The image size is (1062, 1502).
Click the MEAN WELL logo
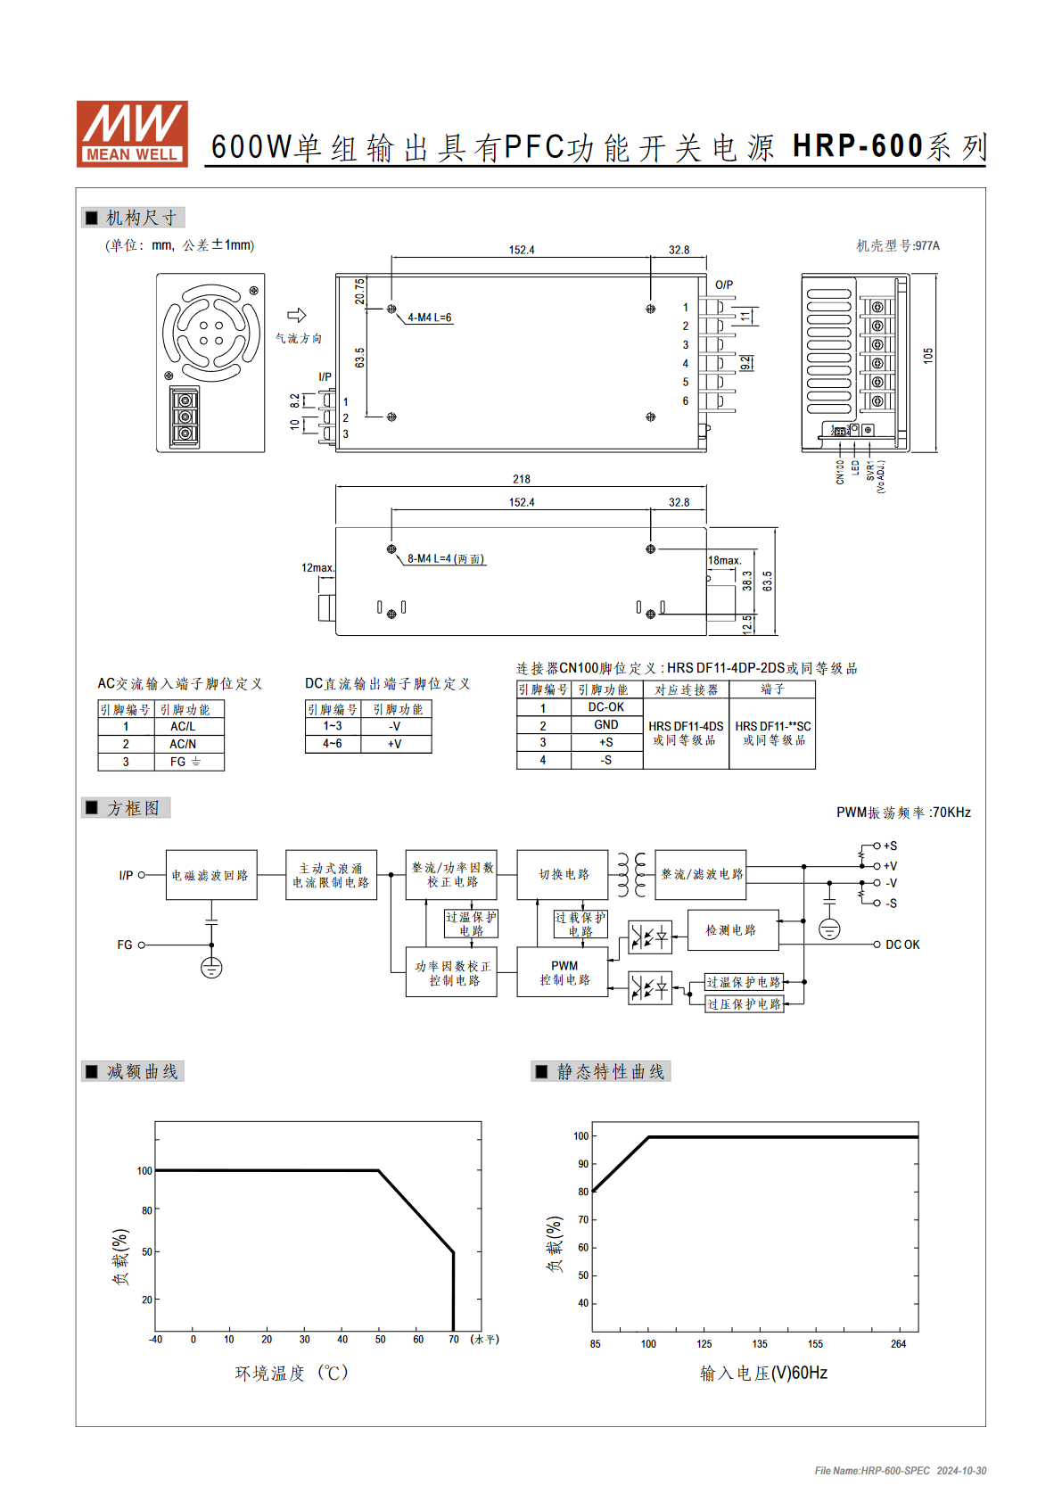(x=132, y=134)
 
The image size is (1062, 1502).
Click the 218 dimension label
(x=521, y=479)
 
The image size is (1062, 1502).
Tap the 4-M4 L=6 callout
(x=430, y=318)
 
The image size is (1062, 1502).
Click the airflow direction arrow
(x=296, y=315)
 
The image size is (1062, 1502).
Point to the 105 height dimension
(x=928, y=355)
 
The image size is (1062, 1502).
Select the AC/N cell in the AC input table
(x=183, y=744)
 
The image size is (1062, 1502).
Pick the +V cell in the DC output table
(x=395, y=744)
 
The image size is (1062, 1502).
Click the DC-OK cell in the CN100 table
(x=606, y=706)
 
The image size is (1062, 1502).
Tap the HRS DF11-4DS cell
(x=686, y=733)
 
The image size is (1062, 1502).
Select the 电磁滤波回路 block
(x=211, y=875)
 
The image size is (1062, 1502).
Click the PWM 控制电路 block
(x=564, y=971)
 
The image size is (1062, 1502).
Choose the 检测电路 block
(x=733, y=930)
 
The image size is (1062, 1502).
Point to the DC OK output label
(x=902, y=945)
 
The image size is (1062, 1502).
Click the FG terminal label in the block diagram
(x=125, y=945)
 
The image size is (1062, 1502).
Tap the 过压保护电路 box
(x=745, y=1003)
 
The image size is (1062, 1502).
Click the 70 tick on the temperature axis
(x=454, y=1339)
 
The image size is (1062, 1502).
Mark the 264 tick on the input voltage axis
(x=899, y=1344)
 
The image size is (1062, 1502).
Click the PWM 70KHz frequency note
(x=903, y=812)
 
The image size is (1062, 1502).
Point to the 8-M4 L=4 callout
(x=446, y=558)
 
